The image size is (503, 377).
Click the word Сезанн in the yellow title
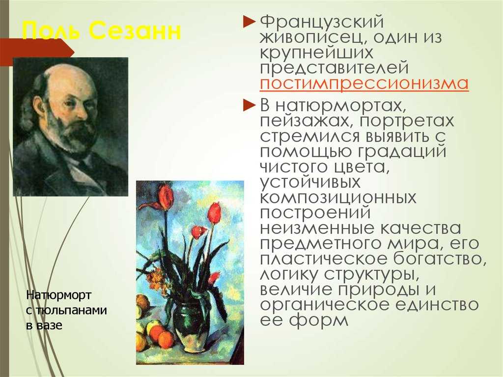[x=135, y=31]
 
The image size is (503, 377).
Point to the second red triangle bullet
[x=249, y=105]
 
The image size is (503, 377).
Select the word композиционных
[x=338, y=198]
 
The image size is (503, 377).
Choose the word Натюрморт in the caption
[x=59, y=295]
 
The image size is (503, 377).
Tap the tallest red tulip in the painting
[x=166, y=196]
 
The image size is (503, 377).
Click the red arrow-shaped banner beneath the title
[x=37, y=52]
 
